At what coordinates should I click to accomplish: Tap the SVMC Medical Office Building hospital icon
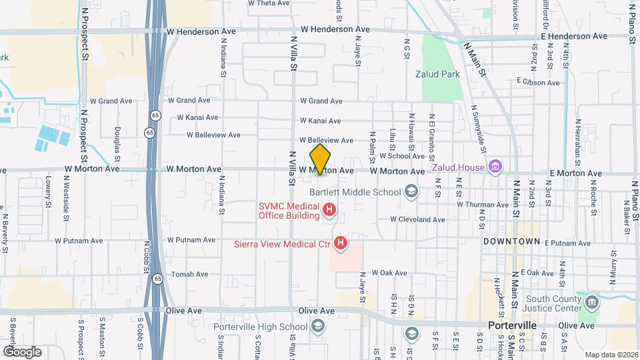tap(329, 211)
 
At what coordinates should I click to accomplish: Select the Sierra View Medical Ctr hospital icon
tap(341, 243)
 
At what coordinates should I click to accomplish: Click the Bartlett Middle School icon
tap(412, 192)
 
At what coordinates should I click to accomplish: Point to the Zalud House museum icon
tap(495, 166)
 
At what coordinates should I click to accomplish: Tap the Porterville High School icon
tap(317, 326)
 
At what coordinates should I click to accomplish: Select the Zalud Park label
tap(437, 75)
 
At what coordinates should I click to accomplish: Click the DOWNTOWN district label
tap(511, 241)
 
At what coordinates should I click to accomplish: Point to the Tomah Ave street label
tap(187, 275)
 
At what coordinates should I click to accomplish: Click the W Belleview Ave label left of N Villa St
tap(213, 135)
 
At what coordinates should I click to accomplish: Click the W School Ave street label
tap(402, 156)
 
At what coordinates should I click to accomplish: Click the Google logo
tap(23, 351)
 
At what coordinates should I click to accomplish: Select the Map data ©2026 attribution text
tap(611, 355)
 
